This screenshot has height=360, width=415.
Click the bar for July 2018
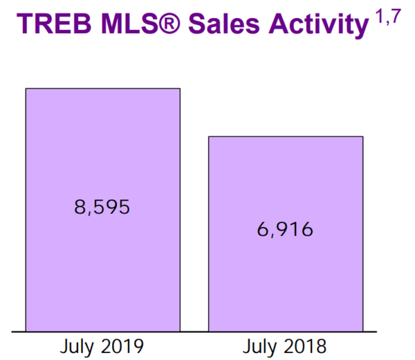tap(286, 277)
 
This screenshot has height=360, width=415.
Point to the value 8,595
tap(102, 207)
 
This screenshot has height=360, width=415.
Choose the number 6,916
tap(286, 228)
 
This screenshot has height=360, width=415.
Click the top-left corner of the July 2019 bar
tap(26, 89)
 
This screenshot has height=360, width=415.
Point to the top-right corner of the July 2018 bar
tap(362, 136)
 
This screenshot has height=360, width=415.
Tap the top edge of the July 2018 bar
tap(286, 136)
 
